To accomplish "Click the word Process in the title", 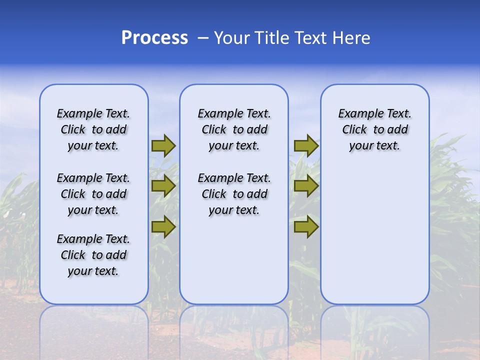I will click(154, 38).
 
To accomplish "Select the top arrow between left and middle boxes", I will click(163, 145).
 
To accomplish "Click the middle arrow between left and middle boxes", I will click(163, 186).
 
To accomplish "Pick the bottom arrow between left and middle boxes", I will click(163, 227).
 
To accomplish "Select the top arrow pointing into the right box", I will click(306, 145).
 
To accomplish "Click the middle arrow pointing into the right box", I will click(306, 186).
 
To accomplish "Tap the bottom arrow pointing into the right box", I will click(306, 227).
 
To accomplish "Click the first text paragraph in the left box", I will click(93, 129).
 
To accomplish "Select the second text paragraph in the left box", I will click(93, 194).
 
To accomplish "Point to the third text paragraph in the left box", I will click(93, 255).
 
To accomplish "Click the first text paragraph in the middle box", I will click(234, 129).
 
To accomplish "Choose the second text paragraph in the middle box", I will click(234, 194).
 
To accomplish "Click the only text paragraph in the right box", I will click(374, 129).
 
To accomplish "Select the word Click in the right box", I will click(354, 130).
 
